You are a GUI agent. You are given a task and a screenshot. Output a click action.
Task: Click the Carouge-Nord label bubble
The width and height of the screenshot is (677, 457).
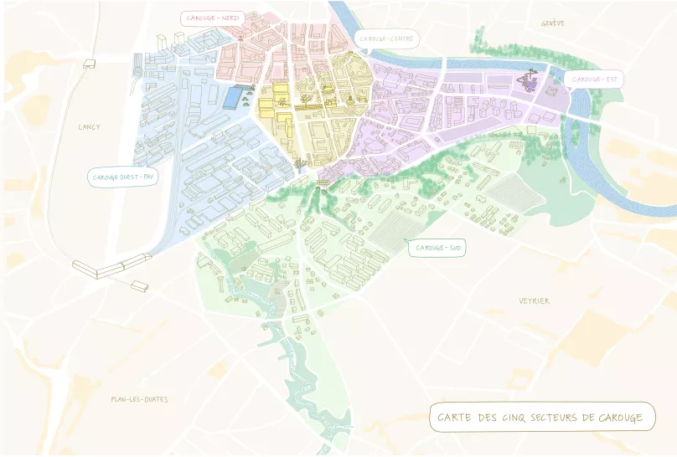(x=212, y=18)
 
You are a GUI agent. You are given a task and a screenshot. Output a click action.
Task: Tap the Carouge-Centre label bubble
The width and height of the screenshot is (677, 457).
(x=386, y=39)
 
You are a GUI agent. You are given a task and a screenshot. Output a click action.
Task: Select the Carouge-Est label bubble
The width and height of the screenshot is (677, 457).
(x=594, y=80)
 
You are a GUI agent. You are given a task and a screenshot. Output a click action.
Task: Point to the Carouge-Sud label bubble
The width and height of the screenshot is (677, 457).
(x=437, y=249)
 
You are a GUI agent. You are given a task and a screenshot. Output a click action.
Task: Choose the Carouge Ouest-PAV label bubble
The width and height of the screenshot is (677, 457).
(x=123, y=177)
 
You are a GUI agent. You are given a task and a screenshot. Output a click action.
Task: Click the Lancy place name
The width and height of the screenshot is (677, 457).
(x=89, y=127)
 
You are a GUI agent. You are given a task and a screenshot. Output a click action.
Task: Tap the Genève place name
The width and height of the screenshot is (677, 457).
(x=553, y=23)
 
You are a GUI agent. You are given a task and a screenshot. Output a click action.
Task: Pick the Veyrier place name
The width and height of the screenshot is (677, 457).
(x=534, y=301)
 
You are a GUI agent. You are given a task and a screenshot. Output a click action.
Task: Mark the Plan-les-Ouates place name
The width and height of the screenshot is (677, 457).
(x=139, y=399)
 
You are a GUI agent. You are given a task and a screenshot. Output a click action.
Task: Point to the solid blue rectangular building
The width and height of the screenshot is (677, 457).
(x=229, y=98)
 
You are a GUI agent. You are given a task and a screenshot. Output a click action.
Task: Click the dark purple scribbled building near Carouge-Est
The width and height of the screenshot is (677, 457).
(x=528, y=80)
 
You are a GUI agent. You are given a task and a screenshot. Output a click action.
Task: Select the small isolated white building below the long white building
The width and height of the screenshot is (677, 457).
(x=140, y=286)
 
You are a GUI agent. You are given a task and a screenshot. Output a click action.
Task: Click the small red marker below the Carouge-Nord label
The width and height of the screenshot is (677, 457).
(x=240, y=38)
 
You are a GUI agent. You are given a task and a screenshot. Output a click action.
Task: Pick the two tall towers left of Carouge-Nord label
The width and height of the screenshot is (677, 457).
(x=179, y=38)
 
